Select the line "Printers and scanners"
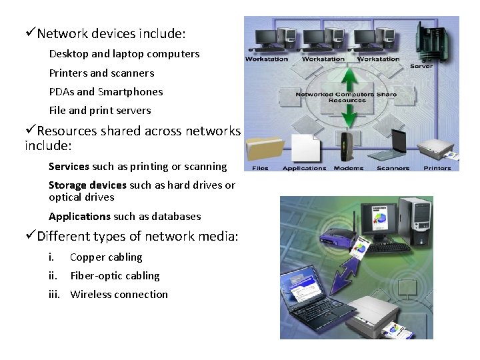point(101,73)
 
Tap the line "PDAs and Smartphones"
point(106,92)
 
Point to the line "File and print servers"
point(100,111)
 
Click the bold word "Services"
point(69,167)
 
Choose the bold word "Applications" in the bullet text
point(79,217)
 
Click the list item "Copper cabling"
point(106,257)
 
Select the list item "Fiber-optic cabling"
point(115,276)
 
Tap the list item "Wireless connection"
point(119,295)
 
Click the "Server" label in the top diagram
point(421,66)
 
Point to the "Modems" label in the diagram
point(348,168)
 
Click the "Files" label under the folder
point(260,168)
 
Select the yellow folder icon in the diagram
point(264,147)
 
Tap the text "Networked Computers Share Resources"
point(346,97)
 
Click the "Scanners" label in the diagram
point(393,168)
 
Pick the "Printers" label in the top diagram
point(437,168)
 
